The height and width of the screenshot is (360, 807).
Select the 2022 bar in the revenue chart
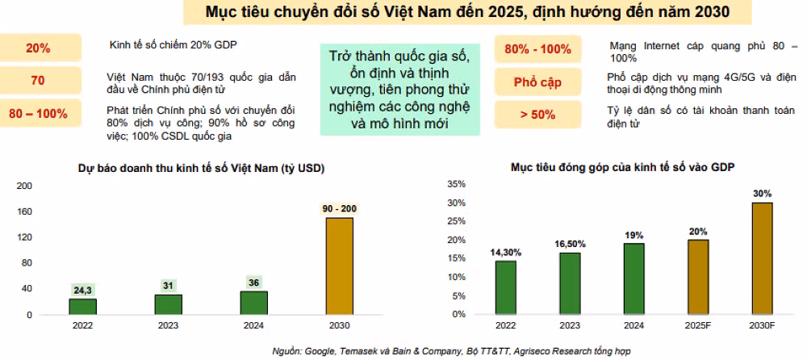[82, 306]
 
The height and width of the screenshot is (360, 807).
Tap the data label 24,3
[82, 290]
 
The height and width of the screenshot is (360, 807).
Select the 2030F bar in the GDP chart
[763, 257]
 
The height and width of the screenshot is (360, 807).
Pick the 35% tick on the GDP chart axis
[457, 184]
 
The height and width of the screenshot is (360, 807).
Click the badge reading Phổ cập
[537, 82]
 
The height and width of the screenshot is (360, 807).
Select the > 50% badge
[537, 115]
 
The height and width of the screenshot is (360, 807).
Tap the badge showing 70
[37, 80]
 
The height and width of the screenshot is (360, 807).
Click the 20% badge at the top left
[37, 48]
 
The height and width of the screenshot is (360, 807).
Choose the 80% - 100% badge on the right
[537, 49]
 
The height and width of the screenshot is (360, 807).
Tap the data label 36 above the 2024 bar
[253, 283]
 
